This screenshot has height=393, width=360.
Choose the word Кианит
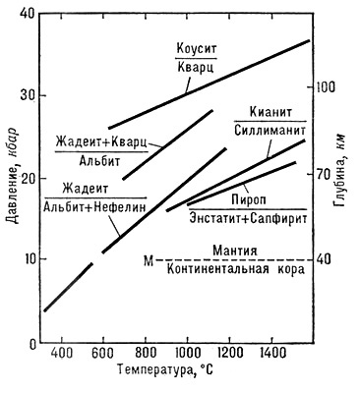(270, 113)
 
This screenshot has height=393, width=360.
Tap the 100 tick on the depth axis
(326, 86)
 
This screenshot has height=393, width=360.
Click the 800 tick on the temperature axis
(145, 354)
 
